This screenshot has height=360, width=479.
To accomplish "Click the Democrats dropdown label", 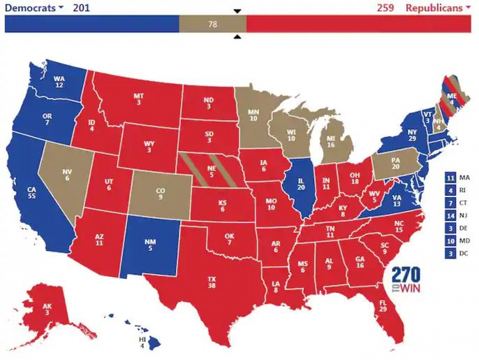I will click(33, 8).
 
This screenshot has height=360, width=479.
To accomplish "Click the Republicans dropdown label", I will click(438, 8).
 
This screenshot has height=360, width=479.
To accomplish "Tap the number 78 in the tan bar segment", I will click(213, 24).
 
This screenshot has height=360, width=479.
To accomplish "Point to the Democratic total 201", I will click(80, 8).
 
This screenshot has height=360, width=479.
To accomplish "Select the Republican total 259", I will click(385, 8).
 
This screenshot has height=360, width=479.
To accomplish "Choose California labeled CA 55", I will click(32, 194).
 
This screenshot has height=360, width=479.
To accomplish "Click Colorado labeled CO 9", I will click(160, 194).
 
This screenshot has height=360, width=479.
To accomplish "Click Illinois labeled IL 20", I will click(301, 184).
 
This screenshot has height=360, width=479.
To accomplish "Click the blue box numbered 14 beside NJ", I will click(450, 216).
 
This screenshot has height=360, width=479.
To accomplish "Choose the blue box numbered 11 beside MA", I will click(450, 178).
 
